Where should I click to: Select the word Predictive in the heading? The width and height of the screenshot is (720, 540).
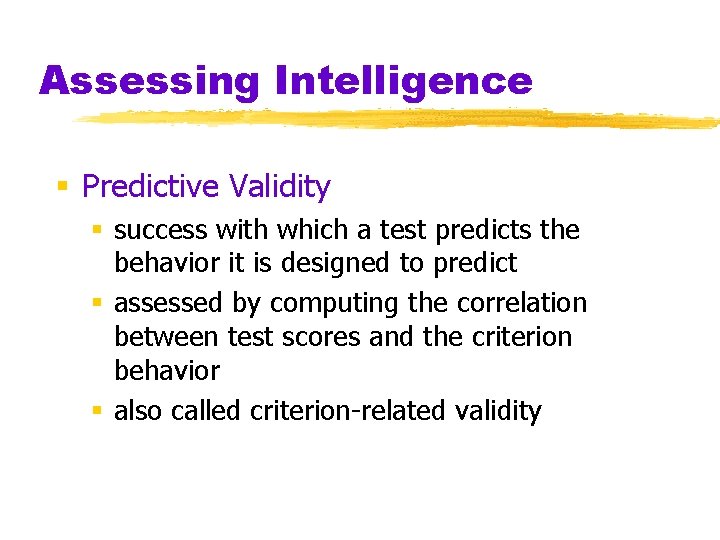151,186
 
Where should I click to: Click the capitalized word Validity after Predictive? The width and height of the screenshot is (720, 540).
279,186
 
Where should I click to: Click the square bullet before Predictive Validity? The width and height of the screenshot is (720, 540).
62,186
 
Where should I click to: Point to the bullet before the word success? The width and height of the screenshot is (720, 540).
97,230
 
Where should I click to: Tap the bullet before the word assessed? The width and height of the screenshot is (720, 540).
97,303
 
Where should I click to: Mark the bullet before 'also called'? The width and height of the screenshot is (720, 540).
97,410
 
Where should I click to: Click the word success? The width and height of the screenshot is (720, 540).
159,230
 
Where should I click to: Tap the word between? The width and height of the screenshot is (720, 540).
166,337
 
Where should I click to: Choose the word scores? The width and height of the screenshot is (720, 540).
319,337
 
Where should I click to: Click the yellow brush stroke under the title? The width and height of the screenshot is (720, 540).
400,120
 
